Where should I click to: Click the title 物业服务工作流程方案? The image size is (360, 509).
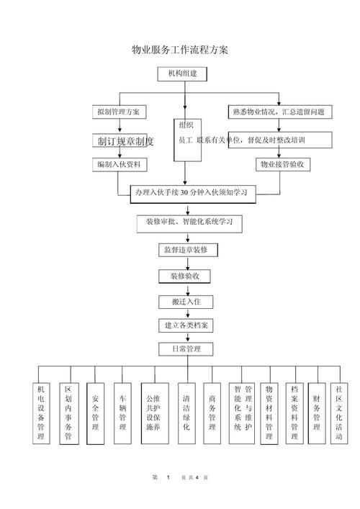(180, 50)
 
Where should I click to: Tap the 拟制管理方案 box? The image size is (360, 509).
(120, 112)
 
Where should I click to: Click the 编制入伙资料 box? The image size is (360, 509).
(120, 165)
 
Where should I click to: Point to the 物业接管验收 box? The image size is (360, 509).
(282, 165)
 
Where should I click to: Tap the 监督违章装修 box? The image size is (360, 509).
(185, 250)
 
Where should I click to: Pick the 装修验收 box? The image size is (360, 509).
(185, 276)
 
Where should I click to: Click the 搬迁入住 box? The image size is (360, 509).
(185, 301)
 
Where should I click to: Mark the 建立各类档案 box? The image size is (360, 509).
(185, 325)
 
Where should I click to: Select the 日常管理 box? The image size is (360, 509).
(185, 349)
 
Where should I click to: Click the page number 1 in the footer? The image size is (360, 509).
(168, 478)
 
